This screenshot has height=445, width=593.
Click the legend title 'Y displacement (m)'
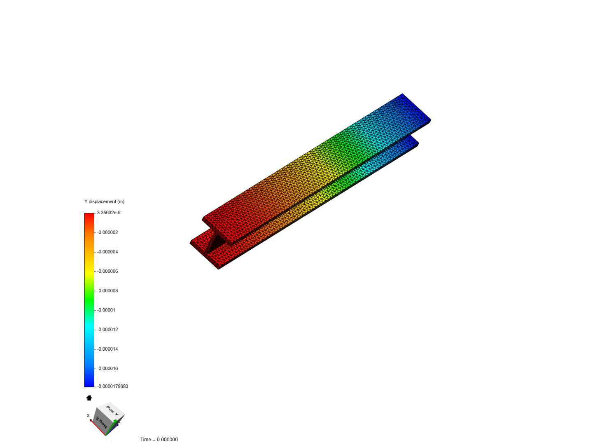click(x=104, y=201)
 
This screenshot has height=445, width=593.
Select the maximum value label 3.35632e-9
click(x=109, y=213)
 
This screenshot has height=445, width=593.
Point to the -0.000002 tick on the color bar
click(x=108, y=232)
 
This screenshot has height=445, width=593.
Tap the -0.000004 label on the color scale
click(x=108, y=252)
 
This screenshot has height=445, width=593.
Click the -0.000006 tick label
click(x=108, y=271)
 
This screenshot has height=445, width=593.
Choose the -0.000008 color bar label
click(x=108, y=290)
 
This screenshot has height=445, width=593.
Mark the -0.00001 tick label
click(x=107, y=310)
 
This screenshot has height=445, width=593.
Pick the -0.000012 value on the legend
click(x=108, y=330)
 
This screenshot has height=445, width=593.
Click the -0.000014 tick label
click(x=108, y=349)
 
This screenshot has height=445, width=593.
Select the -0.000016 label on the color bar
click(x=108, y=368)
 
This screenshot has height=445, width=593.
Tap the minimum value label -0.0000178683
click(x=112, y=386)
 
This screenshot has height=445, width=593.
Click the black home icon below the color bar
click(x=89, y=398)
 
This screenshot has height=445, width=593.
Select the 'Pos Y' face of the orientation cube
click(x=112, y=411)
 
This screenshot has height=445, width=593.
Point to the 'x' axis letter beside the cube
click(x=88, y=415)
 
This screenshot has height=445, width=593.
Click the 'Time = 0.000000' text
click(x=159, y=440)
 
